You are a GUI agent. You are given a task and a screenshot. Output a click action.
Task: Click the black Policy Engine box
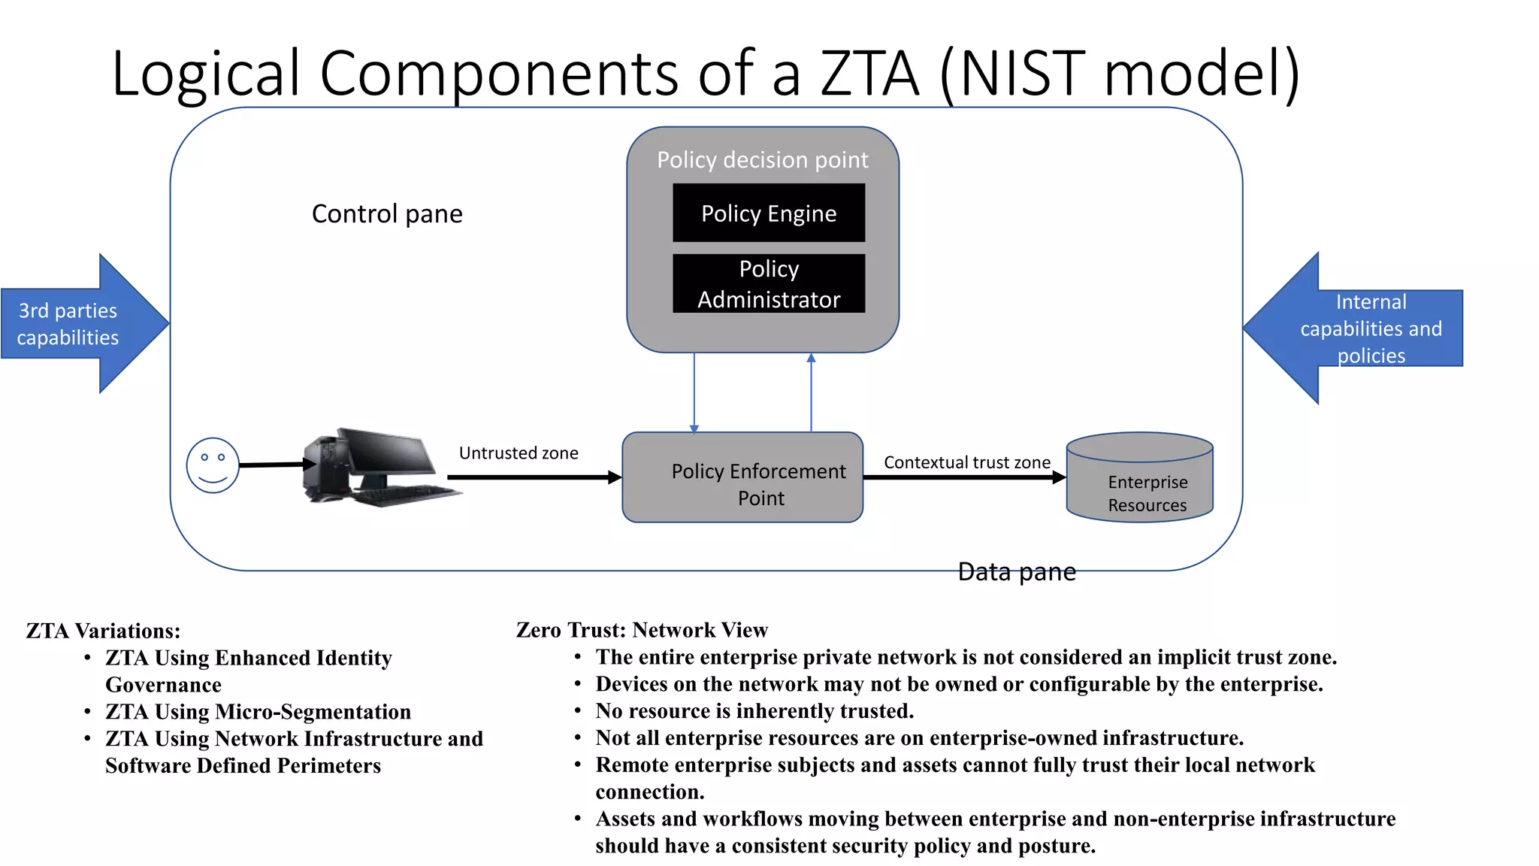768,213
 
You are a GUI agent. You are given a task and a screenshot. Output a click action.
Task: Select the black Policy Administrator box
768,283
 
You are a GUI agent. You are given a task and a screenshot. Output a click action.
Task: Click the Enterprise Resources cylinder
1139,481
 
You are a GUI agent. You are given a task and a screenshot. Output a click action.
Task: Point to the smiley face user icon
213,465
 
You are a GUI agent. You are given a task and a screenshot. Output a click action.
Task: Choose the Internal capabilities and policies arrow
1360,329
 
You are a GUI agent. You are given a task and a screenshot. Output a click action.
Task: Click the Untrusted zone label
519,453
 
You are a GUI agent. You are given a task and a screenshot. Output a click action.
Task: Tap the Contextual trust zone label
966,462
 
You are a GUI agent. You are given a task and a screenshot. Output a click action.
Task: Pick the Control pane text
387,214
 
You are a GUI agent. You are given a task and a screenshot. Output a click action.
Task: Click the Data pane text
1016,572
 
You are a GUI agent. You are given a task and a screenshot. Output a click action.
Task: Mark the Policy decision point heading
762,160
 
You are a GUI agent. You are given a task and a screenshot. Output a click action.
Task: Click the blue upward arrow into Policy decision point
811,391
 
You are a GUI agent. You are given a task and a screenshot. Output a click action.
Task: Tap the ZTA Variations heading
103,631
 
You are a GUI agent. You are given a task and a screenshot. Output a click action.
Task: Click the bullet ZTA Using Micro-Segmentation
258,712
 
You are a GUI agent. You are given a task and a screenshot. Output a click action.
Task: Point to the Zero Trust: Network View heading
642,630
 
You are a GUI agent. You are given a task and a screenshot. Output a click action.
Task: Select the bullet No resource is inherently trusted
754,711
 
